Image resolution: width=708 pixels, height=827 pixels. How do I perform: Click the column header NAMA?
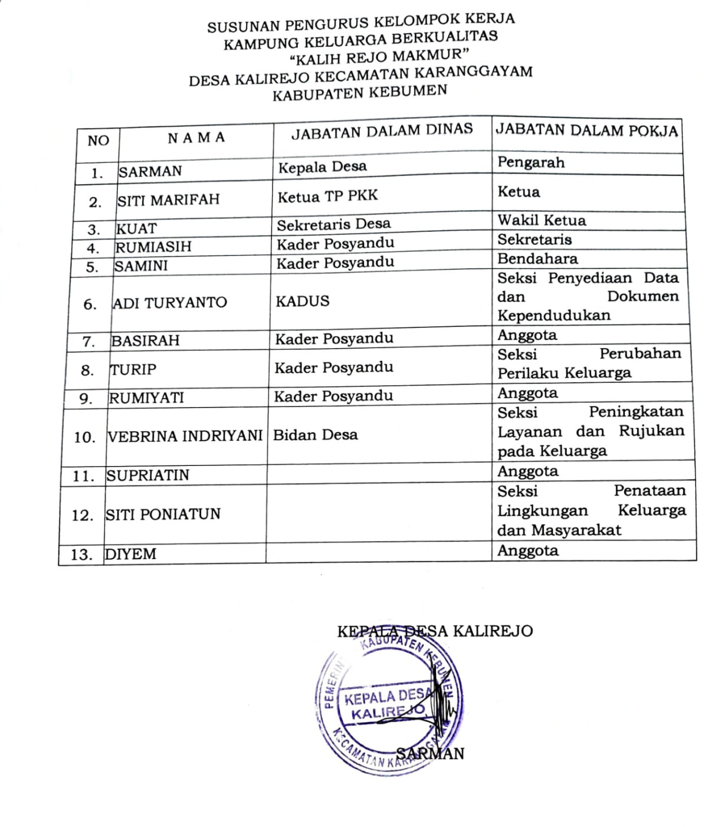coord(196,138)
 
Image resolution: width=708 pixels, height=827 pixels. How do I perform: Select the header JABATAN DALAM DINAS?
coord(382,132)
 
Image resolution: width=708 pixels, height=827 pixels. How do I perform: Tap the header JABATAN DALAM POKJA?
coord(586,130)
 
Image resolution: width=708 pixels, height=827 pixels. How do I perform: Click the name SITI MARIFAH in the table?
coord(168,200)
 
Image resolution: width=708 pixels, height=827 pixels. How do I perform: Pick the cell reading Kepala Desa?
coord(322,167)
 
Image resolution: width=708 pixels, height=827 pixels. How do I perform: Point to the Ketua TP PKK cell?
coord(327,196)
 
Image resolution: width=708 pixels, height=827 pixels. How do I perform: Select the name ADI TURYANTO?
coord(170,303)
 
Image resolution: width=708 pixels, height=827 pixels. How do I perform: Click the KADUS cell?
coord(302,301)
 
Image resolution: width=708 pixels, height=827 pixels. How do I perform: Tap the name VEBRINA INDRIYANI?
coord(185,436)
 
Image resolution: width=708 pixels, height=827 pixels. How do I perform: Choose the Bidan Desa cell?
coord(315,435)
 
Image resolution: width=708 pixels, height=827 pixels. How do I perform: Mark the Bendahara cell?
coord(537,258)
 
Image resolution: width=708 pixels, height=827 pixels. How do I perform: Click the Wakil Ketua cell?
coord(542,221)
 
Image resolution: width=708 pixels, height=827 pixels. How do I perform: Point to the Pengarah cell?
coord(531,162)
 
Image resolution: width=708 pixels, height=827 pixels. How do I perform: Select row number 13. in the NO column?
coord(81,555)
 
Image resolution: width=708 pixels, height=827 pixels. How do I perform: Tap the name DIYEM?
coord(130,554)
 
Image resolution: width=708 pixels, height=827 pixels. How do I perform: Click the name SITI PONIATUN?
coord(163,514)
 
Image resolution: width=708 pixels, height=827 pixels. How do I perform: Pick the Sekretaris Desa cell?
coord(333,225)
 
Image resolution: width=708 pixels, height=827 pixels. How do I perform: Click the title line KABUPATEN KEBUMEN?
coord(359,93)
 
